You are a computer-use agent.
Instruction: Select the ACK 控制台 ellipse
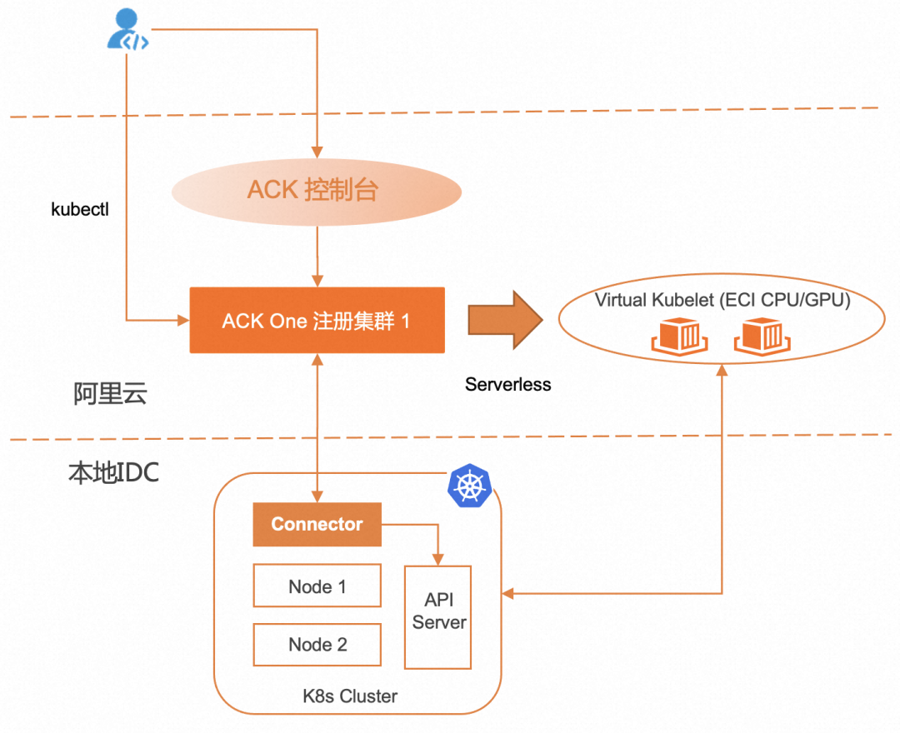[316, 190]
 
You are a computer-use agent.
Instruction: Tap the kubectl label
[80, 209]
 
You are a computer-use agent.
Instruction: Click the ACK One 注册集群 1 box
[316, 321]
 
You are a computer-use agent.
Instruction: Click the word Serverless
[507, 385]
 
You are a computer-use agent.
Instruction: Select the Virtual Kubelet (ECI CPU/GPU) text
[722, 301]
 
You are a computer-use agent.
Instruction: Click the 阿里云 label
[110, 393]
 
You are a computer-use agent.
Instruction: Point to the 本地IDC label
[113, 473]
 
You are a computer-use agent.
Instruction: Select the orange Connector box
[317, 525]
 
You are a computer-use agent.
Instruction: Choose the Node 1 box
[317, 586]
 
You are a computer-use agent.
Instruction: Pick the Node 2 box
[317, 644]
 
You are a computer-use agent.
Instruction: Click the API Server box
[438, 616]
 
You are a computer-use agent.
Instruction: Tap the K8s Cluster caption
[350, 696]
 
